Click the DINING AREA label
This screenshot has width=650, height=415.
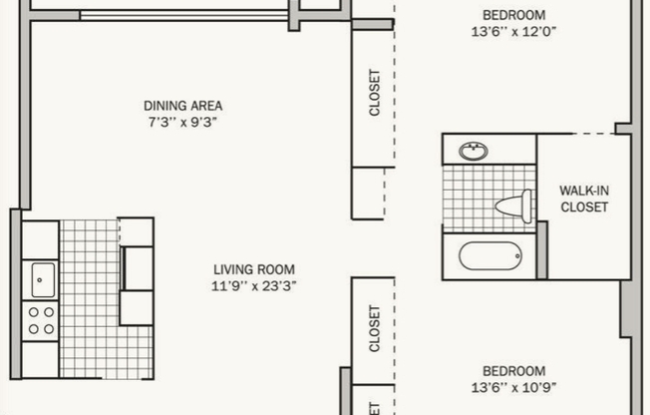[182, 105]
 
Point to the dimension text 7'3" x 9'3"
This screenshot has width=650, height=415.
[182, 121]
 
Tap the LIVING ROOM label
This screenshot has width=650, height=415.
[254, 269]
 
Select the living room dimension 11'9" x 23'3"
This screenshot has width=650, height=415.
[254, 285]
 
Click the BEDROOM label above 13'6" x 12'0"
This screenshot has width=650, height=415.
[513, 15]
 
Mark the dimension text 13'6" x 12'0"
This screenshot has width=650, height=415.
[513, 31]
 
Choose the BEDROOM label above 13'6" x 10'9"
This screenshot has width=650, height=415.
[513, 371]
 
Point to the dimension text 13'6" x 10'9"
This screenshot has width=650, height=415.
[513, 387]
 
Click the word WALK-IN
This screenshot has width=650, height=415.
[583, 191]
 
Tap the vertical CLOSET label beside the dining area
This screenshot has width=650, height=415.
[376, 93]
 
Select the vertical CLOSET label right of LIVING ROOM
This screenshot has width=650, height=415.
[376, 328]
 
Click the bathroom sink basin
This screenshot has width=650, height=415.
[474, 152]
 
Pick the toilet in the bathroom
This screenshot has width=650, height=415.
[513, 207]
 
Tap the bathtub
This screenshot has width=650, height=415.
[489, 255]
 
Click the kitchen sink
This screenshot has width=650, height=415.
[42, 279]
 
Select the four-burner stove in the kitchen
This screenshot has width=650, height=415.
[41, 319]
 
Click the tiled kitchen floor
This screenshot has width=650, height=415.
[90, 299]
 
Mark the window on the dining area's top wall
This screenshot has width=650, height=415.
[184, 14]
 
